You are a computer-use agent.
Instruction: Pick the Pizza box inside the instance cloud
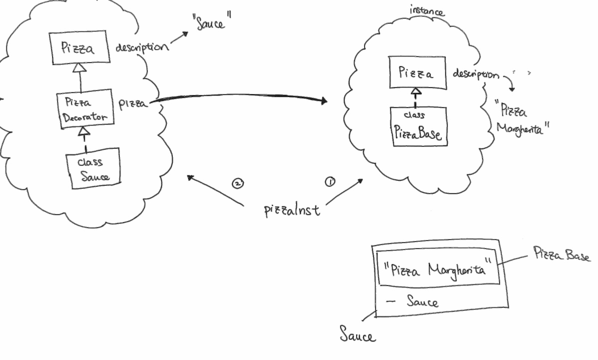click(x=417, y=74)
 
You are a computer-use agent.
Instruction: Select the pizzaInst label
click(x=292, y=210)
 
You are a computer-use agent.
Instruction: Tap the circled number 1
click(x=330, y=181)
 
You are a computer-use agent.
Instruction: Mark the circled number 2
click(x=238, y=183)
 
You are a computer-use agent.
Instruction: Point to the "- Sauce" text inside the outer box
click(x=414, y=301)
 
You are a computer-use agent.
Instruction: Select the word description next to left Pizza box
click(x=142, y=48)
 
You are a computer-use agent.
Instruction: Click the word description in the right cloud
click(x=475, y=74)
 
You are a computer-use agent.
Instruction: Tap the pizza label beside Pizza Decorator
click(x=133, y=104)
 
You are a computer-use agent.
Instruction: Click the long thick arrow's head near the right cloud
click(x=324, y=101)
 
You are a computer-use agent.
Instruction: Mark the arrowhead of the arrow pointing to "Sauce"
click(x=186, y=33)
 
